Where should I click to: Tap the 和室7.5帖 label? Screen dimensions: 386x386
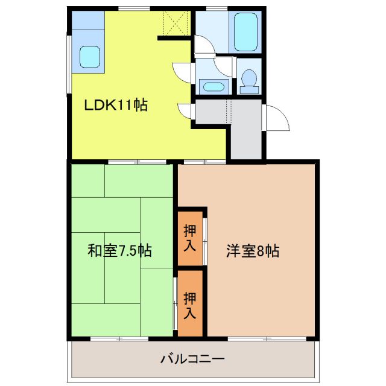(x=120, y=250)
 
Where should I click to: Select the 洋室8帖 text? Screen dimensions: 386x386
(x=253, y=250)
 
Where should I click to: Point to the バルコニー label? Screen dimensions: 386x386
(x=192, y=359)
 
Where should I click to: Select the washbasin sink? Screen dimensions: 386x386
(x=213, y=86)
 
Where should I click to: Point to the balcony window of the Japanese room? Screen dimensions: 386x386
(x=119, y=338)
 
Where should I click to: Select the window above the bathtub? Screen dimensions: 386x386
(x=217, y=8)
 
